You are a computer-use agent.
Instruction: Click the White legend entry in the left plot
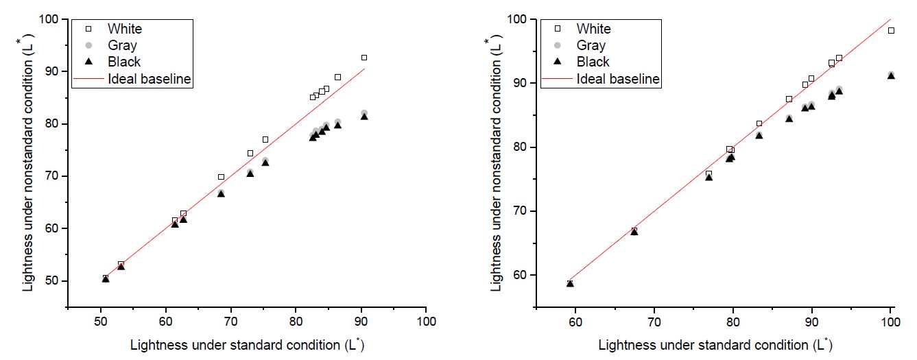tap(124, 29)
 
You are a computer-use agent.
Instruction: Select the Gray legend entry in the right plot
tap(591, 45)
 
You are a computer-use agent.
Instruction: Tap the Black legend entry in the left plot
tap(123, 62)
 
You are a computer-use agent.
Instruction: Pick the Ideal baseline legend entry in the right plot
tap(618, 79)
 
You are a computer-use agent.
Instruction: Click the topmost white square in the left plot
tap(364, 58)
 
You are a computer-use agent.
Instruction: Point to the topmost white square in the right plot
tap(891, 30)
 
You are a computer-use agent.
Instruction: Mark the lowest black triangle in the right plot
tap(570, 283)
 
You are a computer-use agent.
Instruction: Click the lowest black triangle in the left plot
tap(106, 278)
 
